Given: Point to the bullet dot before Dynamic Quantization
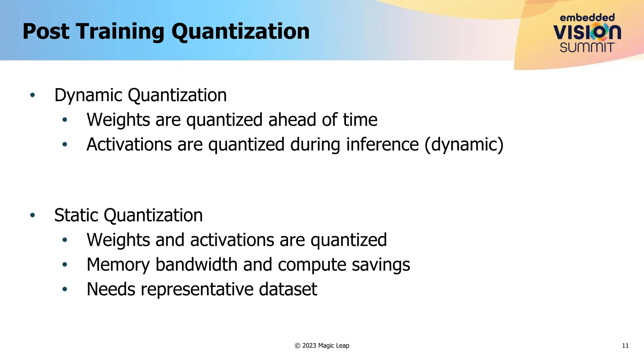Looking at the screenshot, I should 32,95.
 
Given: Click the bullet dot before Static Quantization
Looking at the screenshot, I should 32,215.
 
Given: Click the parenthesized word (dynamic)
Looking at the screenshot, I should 464,145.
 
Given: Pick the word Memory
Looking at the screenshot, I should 118,265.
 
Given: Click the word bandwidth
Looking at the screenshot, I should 197,265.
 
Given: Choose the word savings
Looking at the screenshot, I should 381,265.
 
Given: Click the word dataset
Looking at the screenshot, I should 288,289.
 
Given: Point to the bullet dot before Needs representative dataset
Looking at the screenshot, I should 65,289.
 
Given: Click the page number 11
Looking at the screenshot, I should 625,346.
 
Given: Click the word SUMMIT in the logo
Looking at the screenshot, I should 587,47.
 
